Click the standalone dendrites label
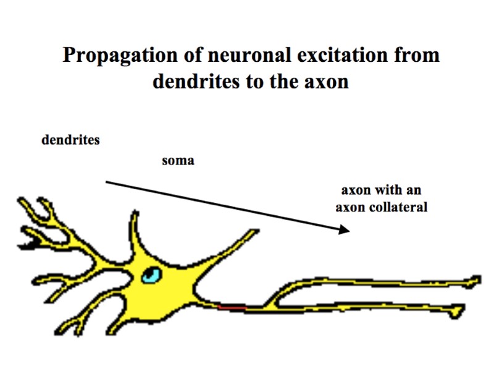pos(70,140)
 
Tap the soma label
pos(178,161)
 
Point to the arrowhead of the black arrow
pos(345,230)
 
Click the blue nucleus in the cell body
pos(150,275)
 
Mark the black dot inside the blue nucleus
pos(152,273)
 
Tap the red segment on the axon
pos(232,305)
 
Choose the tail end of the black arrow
pos(106,182)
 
